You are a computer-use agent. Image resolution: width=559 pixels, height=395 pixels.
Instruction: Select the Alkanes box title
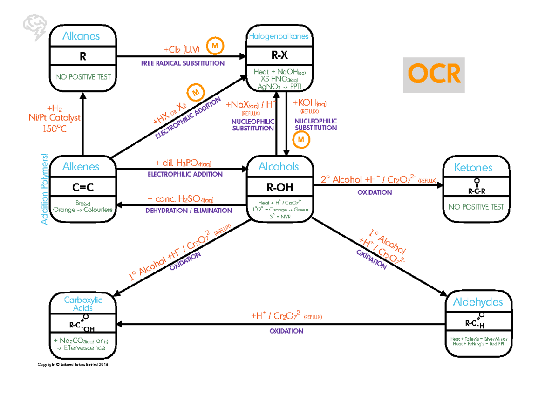82,36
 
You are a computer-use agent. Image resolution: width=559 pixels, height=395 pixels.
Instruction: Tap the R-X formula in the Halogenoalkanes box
278,56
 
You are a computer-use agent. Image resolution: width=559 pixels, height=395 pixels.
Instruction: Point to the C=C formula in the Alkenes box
83,188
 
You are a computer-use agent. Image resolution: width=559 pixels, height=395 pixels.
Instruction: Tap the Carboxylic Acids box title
82,304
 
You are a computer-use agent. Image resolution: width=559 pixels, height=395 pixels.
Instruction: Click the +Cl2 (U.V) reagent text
182,49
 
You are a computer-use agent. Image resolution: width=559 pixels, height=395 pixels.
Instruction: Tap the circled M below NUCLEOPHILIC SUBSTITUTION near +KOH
301,140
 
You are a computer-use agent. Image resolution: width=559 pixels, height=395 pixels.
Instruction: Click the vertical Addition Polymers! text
44,189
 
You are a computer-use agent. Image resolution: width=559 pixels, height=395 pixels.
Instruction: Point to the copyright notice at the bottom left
73,365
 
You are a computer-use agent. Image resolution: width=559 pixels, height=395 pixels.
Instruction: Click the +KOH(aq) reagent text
309,103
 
